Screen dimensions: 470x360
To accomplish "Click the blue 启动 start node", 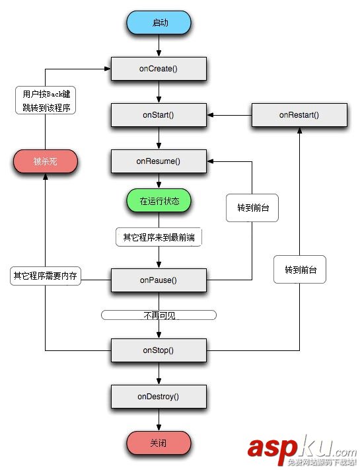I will [x=159, y=22].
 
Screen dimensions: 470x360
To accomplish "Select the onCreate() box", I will [x=159, y=68].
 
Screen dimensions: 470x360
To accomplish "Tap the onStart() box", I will [x=159, y=114].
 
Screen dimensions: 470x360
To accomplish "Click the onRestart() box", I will [x=299, y=114].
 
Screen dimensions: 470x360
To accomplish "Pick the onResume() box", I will [x=159, y=161].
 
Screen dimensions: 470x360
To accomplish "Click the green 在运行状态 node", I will [x=159, y=200].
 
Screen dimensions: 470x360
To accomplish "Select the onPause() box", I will [x=159, y=280].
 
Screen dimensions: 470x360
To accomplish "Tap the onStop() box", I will [x=159, y=350].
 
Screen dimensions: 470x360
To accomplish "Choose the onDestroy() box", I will [x=159, y=397].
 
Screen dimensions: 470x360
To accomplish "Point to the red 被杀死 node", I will [x=45, y=161].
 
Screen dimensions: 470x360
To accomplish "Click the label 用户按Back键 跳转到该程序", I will [x=45, y=101].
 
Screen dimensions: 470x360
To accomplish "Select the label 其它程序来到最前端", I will [x=159, y=237].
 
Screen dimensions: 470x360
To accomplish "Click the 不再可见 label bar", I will [x=159, y=315].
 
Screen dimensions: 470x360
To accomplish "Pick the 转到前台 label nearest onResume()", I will [x=252, y=208].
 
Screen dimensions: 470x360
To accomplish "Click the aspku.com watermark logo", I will [x=301, y=450].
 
